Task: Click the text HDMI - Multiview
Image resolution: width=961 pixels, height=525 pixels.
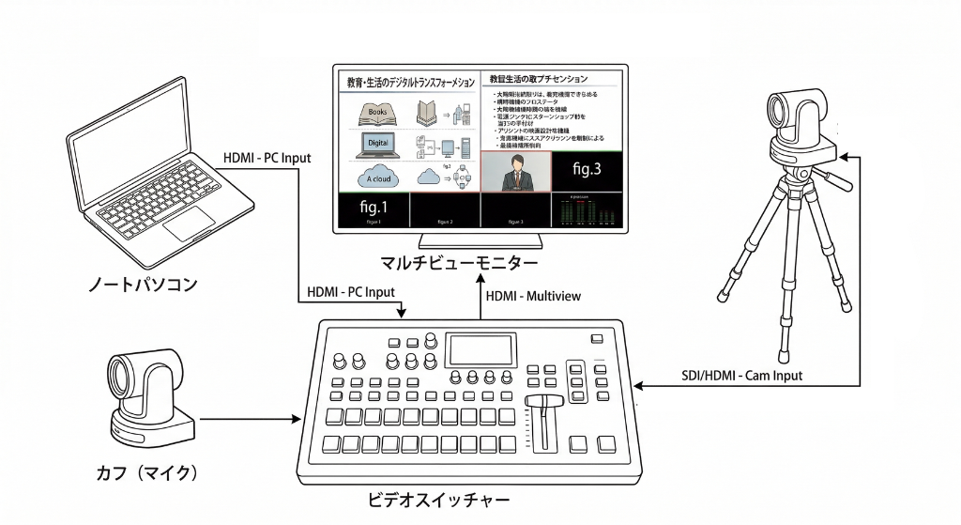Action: point(533,296)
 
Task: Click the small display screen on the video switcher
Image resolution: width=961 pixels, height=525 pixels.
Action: point(481,350)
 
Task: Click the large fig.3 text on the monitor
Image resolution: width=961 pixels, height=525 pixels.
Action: point(587,169)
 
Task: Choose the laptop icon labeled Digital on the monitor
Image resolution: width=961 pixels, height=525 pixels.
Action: point(377,145)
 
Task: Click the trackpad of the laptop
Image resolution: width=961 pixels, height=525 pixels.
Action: point(188,224)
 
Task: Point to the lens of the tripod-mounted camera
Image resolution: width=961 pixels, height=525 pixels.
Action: point(782,115)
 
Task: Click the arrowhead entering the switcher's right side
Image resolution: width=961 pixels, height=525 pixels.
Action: point(637,384)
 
